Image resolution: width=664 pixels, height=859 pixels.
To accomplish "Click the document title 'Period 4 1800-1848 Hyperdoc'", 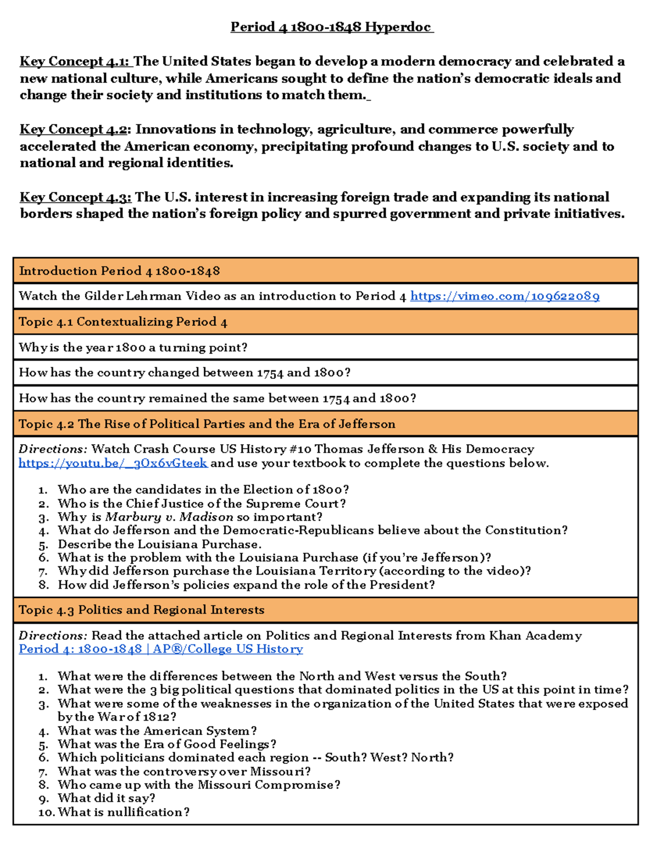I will [x=331, y=27].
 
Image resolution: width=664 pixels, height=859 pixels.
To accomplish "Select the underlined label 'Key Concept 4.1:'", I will [x=75, y=61].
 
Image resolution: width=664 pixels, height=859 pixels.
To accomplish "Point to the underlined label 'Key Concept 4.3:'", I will [x=75, y=197].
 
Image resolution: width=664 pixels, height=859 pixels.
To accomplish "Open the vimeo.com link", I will [x=505, y=296].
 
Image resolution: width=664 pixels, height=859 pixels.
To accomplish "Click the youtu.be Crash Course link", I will [x=113, y=464].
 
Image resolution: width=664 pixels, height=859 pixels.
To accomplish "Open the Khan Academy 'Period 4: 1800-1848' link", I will [x=160, y=649].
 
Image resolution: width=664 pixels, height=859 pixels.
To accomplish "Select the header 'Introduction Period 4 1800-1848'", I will [x=120, y=271].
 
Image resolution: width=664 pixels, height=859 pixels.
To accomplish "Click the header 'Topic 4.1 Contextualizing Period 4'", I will [x=123, y=322].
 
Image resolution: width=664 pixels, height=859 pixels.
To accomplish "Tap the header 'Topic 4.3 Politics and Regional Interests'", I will [x=142, y=610].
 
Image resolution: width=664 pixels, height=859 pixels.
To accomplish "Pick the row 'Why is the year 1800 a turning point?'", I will [x=133, y=347].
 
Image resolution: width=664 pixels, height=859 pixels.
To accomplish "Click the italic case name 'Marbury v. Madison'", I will [x=169, y=517].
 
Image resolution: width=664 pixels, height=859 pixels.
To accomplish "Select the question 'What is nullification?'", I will [x=123, y=813].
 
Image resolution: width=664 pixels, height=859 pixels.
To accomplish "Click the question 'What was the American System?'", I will [x=157, y=731].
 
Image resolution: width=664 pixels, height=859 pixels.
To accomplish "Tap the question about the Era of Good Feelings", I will [x=167, y=745].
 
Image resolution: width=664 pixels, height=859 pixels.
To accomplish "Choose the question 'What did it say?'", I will [x=106, y=798].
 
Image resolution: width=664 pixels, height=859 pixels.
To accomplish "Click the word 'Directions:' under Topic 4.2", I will [x=53, y=449].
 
